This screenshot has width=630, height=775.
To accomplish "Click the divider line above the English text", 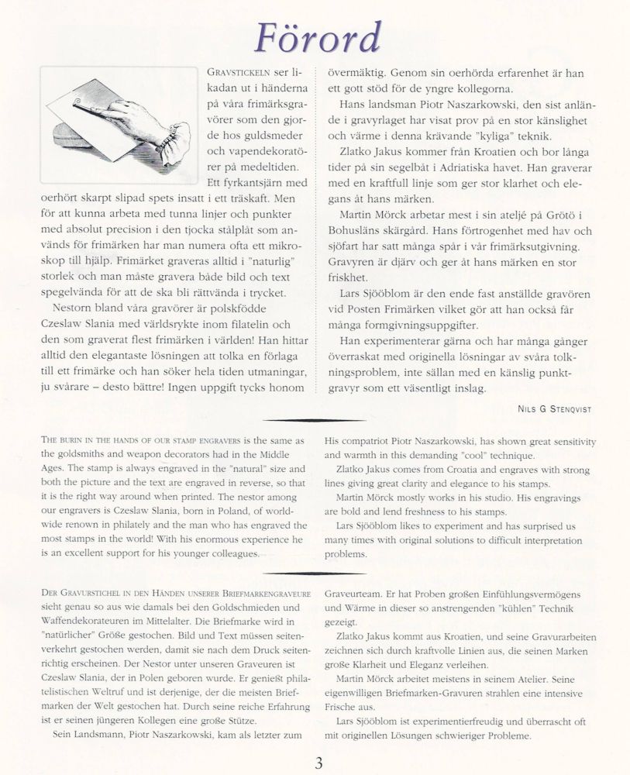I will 315,421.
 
